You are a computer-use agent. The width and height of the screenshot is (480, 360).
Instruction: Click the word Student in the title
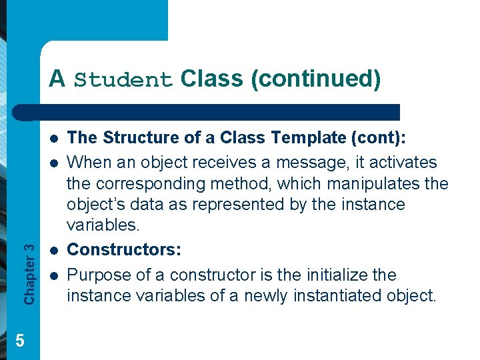click(x=123, y=80)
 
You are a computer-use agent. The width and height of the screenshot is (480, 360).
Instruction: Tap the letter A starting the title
click(x=57, y=79)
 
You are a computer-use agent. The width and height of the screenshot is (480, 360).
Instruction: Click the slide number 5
click(x=20, y=341)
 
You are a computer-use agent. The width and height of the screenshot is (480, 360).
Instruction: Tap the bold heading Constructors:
click(x=124, y=249)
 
